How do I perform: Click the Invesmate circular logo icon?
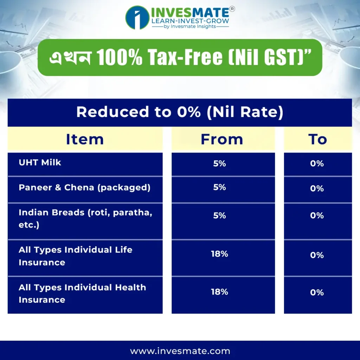click(x=137, y=18)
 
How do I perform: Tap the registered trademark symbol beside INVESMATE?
click(x=232, y=9)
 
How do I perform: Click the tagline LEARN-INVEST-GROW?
click(x=190, y=21)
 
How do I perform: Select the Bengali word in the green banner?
click(x=70, y=57)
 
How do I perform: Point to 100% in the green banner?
click(x=120, y=57)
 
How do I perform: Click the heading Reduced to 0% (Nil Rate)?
click(x=180, y=112)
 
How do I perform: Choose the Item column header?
click(x=85, y=139)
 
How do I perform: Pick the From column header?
click(x=222, y=139)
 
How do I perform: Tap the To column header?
click(x=317, y=139)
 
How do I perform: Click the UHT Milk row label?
click(x=40, y=162)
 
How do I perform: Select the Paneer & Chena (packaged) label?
click(x=84, y=188)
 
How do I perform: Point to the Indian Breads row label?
click(x=85, y=219)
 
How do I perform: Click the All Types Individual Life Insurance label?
click(x=76, y=256)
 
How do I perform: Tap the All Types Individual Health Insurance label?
click(x=82, y=294)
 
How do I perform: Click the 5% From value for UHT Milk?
click(x=219, y=163)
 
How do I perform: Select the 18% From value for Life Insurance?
click(x=219, y=254)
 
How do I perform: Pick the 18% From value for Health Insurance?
click(x=219, y=292)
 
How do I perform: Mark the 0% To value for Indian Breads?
click(x=317, y=216)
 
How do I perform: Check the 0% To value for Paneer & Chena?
click(x=317, y=188)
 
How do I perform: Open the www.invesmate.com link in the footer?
click(x=180, y=351)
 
